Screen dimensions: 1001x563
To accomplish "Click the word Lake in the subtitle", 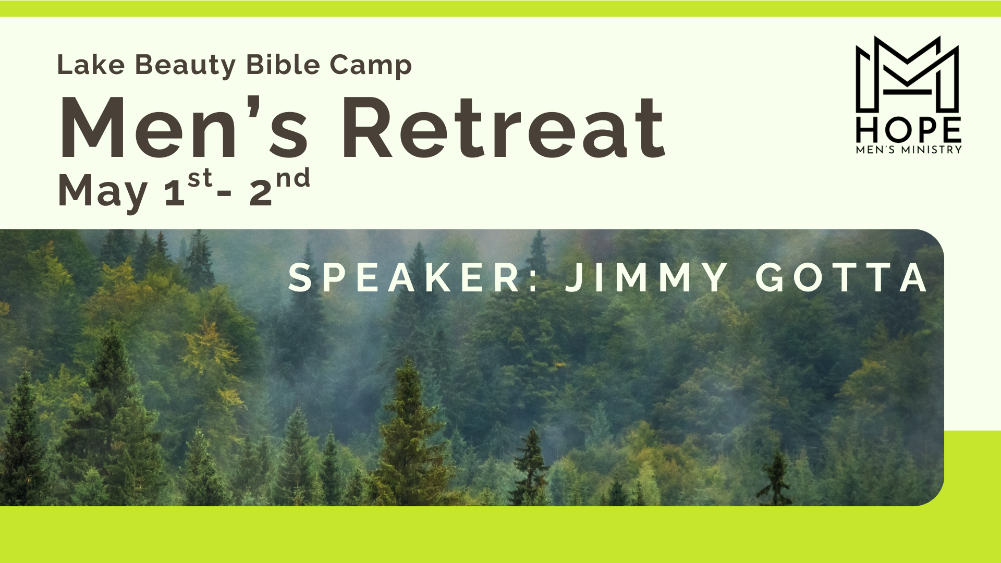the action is pos(91,65).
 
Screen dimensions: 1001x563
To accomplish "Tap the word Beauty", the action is pos(186,66).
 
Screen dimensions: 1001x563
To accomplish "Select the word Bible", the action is pos(283,65).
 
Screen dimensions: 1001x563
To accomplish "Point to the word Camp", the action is pos(371,66).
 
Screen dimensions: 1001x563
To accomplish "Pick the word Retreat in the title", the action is pos(504,128).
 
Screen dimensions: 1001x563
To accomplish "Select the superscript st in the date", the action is pos(200,178).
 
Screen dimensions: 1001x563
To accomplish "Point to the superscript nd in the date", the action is pos(293,178).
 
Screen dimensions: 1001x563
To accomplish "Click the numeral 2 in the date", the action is pos(261,192).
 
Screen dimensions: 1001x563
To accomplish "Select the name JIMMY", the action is pos(646,277).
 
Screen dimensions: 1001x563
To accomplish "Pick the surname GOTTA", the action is pos(841,277).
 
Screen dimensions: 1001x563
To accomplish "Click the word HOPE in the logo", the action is pos(909,130).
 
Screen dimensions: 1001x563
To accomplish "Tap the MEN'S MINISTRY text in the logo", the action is pos(909,150).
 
